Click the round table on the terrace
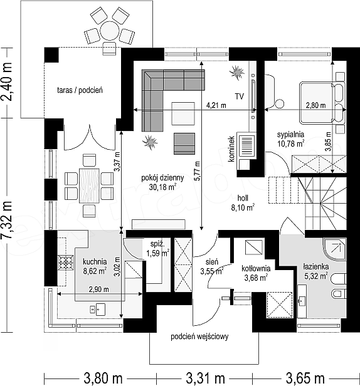click(110, 31)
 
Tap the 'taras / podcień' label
click(80, 90)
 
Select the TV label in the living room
click(239, 96)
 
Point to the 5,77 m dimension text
click(197, 171)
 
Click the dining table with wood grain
click(89, 185)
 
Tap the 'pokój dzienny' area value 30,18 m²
click(162, 187)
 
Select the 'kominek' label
click(231, 149)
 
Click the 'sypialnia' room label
click(290, 134)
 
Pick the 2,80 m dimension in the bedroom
click(316, 105)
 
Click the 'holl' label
click(243, 198)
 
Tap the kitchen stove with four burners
click(66, 263)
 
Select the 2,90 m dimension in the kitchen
click(99, 289)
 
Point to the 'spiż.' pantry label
click(157, 244)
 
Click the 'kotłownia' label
click(256, 268)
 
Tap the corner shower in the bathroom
click(335, 249)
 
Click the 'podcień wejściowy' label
click(199, 336)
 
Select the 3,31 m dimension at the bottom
click(205, 378)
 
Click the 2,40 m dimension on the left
click(7, 81)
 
